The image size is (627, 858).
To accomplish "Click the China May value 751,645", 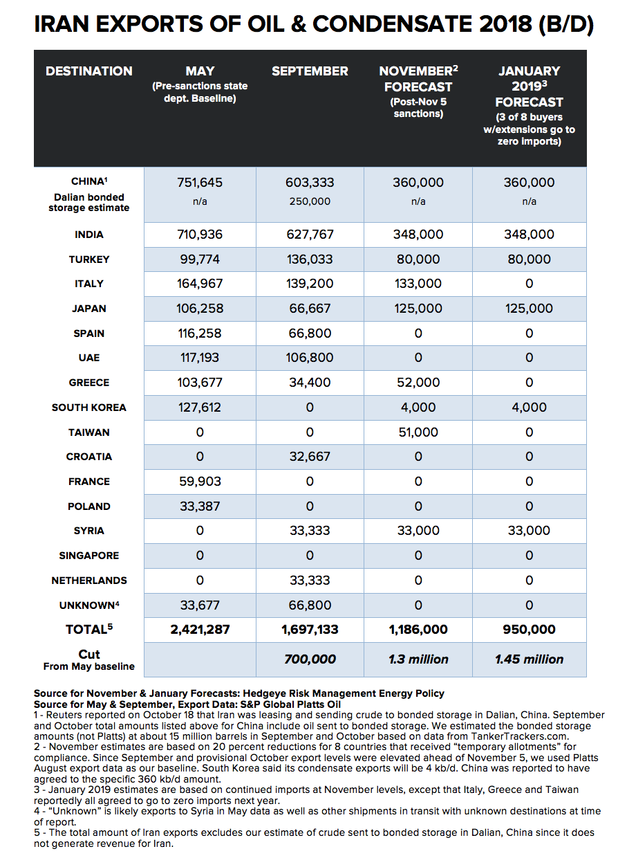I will point(200,183).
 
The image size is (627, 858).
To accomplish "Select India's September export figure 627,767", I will point(309,235).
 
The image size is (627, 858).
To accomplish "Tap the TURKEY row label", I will point(88,259).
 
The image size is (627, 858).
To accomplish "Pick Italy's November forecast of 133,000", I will point(418,284).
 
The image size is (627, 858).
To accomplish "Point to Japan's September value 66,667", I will point(309,309).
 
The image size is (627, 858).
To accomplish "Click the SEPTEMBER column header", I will point(309,71).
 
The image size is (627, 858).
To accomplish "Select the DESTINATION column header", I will point(88,71).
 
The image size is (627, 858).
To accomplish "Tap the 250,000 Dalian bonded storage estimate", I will point(309,201).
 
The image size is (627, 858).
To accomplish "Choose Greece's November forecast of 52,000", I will point(418,383).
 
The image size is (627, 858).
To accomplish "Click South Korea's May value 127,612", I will point(200,408).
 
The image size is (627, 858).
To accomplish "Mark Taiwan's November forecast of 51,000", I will point(418,432).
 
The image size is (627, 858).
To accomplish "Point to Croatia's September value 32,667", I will point(309,457).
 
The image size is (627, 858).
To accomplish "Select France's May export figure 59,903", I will point(200,482).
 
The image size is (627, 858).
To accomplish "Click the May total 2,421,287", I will point(200,630).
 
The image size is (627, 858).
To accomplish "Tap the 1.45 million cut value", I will point(529,659).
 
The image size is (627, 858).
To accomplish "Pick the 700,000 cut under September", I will point(309,659).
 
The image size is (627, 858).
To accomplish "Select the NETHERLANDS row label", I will point(88,581).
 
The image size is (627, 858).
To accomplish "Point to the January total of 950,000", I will point(529,630).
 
